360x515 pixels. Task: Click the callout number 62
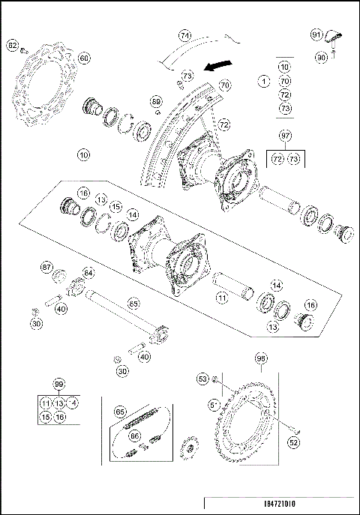coord(12,46)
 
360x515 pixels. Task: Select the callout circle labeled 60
coord(83,58)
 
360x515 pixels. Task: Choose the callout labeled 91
coord(317,34)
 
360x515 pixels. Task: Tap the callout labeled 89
coord(156,101)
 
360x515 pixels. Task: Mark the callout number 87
coord(46,266)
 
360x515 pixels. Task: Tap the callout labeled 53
coord(202,379)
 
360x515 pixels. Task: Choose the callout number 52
coord(293,442)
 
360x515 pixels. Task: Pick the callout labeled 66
coord(135,435)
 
